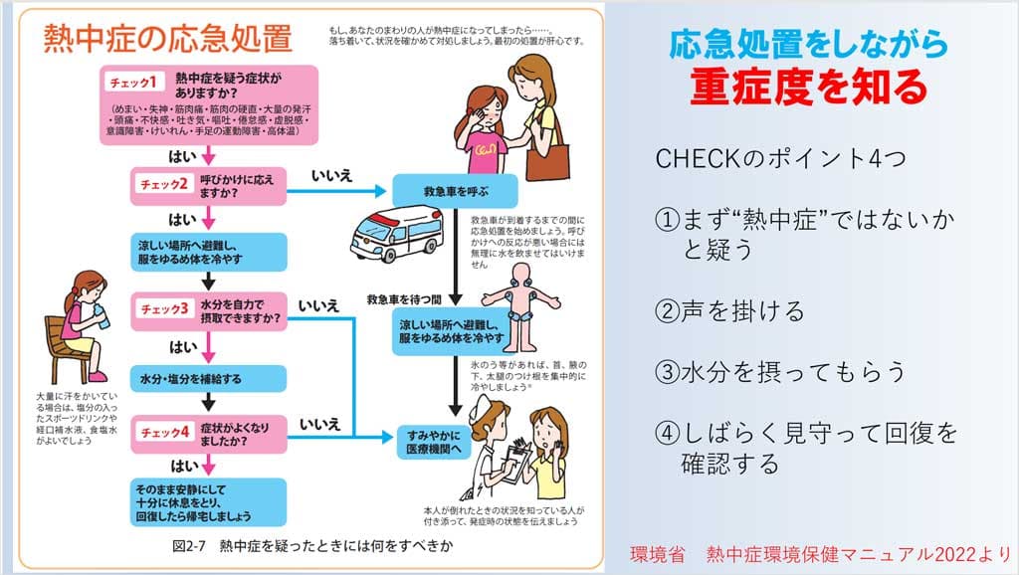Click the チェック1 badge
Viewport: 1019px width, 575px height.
138,81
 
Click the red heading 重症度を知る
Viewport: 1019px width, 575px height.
808,87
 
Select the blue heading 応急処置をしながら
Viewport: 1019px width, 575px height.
807,43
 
